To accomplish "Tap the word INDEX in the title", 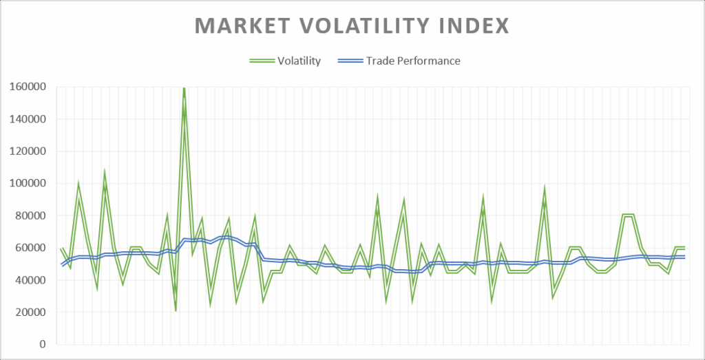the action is click(476, 26).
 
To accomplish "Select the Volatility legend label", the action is click(299, 61).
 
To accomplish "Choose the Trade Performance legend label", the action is click(413, 61).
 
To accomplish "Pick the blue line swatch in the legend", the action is click(349, 61).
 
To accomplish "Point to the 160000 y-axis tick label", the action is click(28, 87).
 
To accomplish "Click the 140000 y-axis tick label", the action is click(28, 119).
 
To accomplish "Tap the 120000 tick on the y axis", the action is click(28, 151).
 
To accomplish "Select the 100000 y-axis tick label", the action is click(28, 183).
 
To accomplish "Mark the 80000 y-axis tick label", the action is click(30, 215).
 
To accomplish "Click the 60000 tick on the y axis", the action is click(30, 248).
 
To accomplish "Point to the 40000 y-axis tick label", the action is click(30, 280).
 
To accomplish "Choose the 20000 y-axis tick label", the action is click(30, 313).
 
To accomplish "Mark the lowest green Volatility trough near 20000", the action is click(176, 310).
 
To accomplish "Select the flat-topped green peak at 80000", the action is click(628, 215).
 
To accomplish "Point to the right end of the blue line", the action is click(685, 257).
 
